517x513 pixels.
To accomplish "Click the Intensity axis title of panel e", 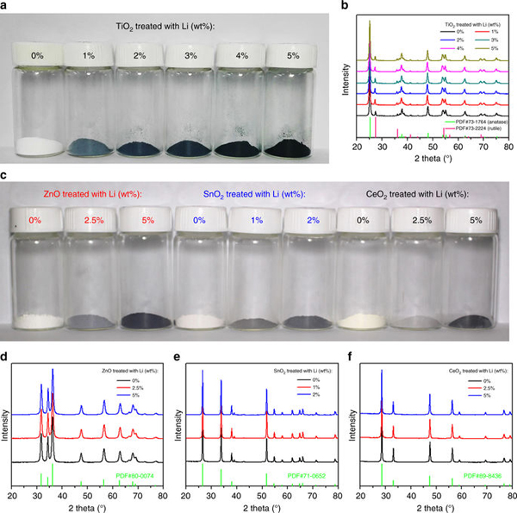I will pyautogui.click(x=182, y=423).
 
